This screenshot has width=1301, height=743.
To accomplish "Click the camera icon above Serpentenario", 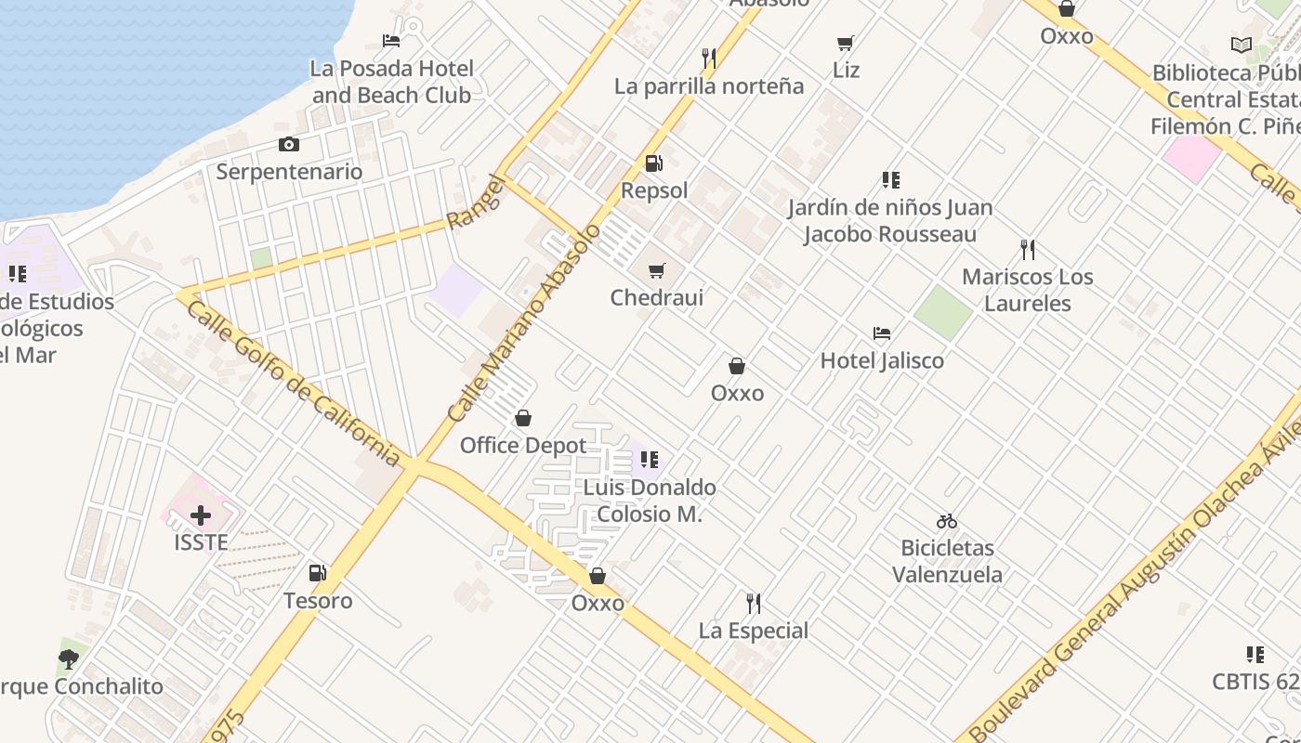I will point(289,144).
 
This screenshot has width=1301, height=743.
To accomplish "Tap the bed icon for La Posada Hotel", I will point(391,41).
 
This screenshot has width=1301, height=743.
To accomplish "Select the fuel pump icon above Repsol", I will point(654,163).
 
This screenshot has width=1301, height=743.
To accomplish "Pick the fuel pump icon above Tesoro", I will point(318,573).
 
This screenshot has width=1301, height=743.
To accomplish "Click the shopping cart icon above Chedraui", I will point(657,270).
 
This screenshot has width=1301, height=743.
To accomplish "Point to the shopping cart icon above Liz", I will point(846,43).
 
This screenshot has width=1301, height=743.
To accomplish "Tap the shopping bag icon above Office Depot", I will point(523,418).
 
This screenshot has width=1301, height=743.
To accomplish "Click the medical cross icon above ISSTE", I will point(201,515).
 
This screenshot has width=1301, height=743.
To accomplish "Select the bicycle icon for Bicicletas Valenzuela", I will point(947,521).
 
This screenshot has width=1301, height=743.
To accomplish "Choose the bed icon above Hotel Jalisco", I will point(882,333).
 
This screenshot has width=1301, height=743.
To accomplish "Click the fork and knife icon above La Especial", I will point(754,604).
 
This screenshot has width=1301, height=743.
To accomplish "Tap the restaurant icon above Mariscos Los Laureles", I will point(1028,250).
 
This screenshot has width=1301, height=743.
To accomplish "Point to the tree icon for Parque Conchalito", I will point(68,659).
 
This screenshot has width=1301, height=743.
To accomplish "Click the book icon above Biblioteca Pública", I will point(1241,45).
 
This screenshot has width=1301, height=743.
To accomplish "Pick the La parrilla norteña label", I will point(709,86).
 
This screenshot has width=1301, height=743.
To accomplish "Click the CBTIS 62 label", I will point(1255,682).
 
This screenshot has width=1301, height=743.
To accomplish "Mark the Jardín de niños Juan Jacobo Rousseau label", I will point(890,221).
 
